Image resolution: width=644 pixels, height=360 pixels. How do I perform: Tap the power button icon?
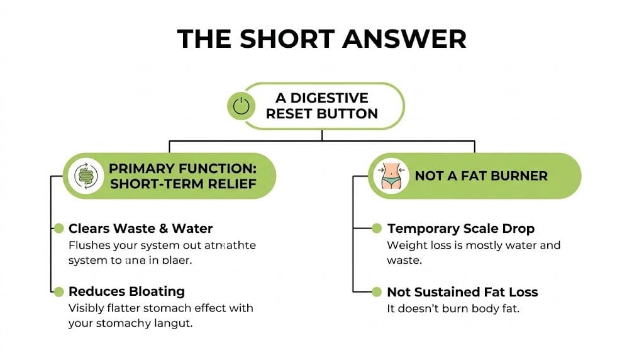(x=241, y=106)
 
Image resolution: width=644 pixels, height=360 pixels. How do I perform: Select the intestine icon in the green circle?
(x=84, y=176)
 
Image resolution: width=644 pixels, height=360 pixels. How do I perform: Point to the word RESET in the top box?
(x=291, y=114)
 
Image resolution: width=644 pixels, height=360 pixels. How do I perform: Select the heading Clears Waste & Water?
(x=140, y=228)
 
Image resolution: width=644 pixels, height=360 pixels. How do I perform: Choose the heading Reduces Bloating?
(x=126, y=291)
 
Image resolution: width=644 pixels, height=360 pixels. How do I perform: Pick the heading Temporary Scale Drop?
(x=460, y=228)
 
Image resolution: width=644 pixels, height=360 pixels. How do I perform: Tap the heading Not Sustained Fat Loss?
(x=462, y=292)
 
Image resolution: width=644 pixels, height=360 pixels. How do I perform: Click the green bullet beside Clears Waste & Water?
(x=59, y=228)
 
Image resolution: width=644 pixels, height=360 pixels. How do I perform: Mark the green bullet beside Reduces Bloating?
(x=59, y=291)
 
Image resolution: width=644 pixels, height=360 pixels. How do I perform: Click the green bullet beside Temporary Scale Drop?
(x=377, y=228)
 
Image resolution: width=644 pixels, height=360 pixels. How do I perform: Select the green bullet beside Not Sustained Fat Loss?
(x=377, y=292)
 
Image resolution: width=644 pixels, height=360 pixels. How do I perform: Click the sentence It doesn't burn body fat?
(x=453, y=309)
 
